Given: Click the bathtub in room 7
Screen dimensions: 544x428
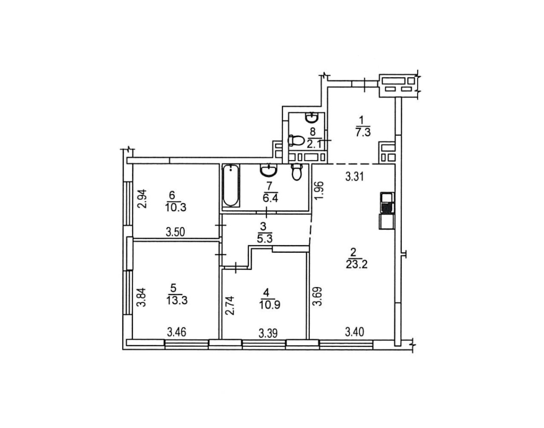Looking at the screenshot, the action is [231, 185].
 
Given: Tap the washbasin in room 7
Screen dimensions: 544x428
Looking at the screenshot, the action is [269, 170].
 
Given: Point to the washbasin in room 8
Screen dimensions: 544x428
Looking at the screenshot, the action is [312, 118].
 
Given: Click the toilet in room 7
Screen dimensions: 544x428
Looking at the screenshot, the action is [297, 172].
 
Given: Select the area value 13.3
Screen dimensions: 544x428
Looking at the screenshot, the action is [177, 300].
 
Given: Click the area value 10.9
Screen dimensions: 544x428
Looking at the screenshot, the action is [270, 305].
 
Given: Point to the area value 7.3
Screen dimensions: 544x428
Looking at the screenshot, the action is [363, 132].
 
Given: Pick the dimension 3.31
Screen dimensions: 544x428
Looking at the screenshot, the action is [354, 177].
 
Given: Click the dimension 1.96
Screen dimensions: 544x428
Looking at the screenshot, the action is [320, 190].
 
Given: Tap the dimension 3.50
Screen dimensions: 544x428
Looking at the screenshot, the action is [175, 233].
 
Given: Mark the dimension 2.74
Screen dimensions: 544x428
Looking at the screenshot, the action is [230, 306].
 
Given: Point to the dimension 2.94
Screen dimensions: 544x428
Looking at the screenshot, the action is [142, 199].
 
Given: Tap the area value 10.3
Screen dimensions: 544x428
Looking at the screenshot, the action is [176, 208].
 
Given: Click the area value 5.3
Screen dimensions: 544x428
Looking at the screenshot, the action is [264, 238].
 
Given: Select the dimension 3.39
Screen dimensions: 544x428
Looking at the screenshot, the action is [268, 334].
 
